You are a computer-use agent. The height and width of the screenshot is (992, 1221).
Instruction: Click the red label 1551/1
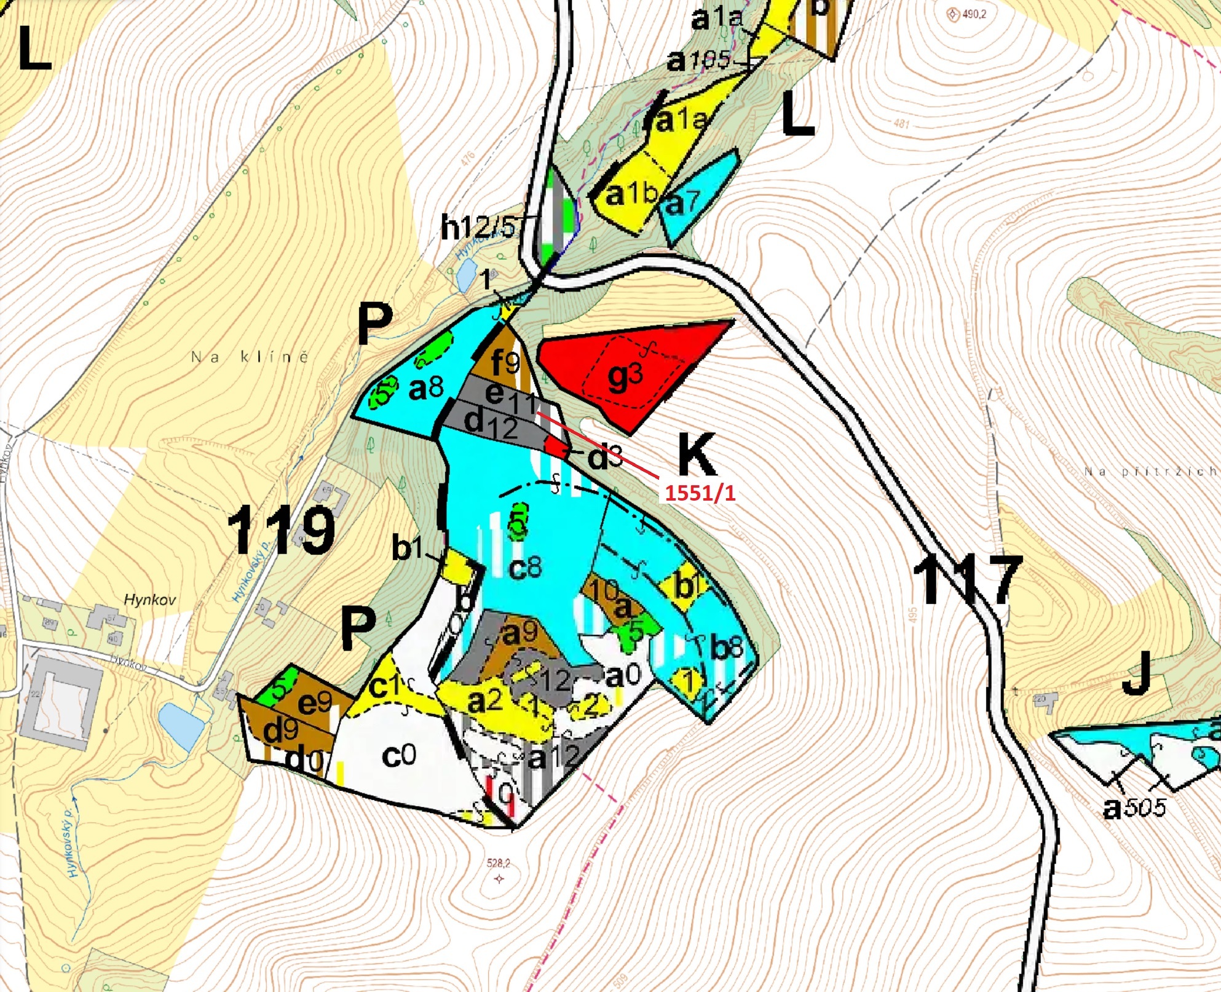[x=700, y=493]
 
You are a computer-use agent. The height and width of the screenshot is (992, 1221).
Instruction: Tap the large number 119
[x=282, y=530]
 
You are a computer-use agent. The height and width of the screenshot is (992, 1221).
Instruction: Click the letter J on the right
[x=1136, y=675]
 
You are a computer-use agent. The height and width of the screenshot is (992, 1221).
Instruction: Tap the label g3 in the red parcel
[x=625, y=377]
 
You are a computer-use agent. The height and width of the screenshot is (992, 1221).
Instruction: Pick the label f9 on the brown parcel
[x=505, y=363]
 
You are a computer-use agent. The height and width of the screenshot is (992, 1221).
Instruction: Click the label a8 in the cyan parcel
[x=425, y=388]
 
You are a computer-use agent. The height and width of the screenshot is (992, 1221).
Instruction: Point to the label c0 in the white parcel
[x=398, y=755]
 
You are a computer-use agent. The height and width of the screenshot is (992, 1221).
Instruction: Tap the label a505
[x=1134, y=807]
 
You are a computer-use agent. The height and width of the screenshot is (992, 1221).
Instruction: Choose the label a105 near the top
[x=698, y=60]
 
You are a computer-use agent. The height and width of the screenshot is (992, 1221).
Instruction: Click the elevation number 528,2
[x=498, y=863]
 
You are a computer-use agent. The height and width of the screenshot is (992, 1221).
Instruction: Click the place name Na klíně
[x=250, y=357]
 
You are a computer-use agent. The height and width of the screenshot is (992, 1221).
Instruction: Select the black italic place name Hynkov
[x=150, y=599]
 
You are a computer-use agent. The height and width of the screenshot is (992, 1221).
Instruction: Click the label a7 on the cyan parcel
[x=682, y=203]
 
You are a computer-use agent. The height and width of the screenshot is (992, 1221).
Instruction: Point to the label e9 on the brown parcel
[x=315, y=702]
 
